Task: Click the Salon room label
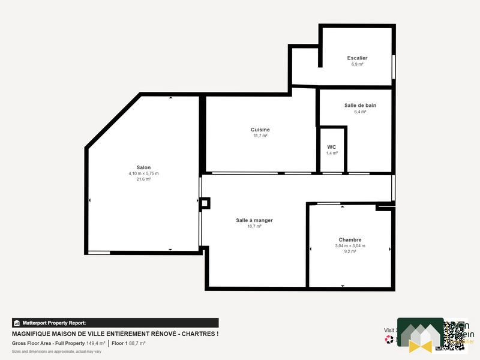[x=143, y=167]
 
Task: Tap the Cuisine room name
[x=260, y=130]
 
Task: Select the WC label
[x=332, y=147]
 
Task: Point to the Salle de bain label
[x=360, y=105]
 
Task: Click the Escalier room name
[x=357, y=58]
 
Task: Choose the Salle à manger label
[x=254, y=220]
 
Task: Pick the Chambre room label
[x=350, y=239]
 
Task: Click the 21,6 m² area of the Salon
[x=143, y=179]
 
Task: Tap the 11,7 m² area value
[x=260, y=136]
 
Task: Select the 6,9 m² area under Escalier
[x=357, y=64]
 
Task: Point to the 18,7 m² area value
[x=254, y=226]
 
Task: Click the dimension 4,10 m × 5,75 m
[x=143, y=173]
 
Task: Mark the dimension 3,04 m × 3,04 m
[x=350, y=246]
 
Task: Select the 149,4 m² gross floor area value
[x=95, y=343]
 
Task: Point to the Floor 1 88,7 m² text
[x=128, y=343]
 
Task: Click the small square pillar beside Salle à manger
[x=205, y=203]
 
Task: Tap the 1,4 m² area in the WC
[x=332, y=153]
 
